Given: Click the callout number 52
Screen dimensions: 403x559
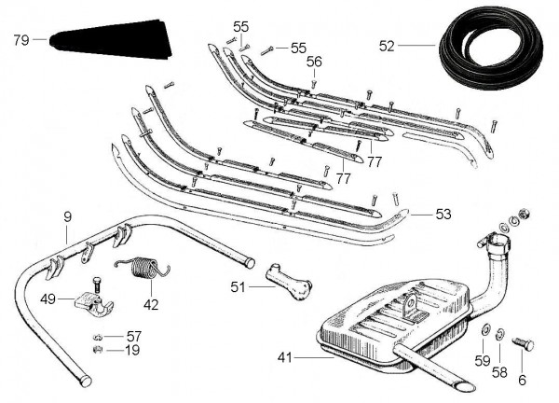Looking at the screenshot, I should (388, 44).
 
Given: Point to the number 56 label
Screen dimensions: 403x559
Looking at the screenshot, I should (314, 62).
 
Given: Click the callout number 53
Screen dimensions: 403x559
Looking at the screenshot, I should (443, 215).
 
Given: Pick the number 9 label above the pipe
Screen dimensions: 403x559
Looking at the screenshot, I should (67, 217).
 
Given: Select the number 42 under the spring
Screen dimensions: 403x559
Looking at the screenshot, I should (151, 303).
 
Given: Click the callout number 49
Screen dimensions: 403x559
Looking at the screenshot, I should (48, 299).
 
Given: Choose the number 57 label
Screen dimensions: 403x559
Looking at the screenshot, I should (134, 336).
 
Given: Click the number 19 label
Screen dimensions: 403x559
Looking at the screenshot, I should (134, 351).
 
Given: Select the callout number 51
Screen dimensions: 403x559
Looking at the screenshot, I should (237, 287).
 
